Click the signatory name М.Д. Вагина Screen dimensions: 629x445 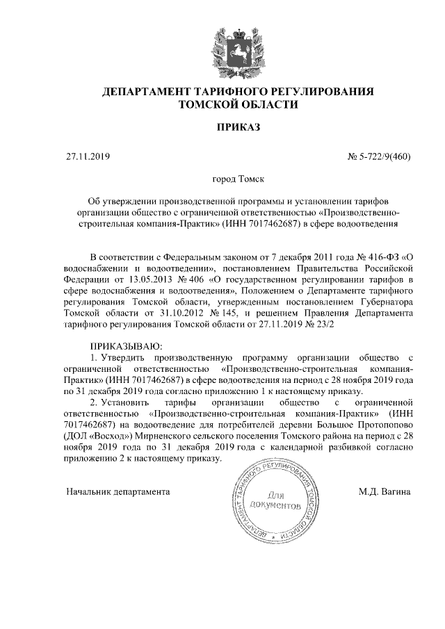point(385,491)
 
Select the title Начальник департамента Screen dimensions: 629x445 point(118,491)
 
